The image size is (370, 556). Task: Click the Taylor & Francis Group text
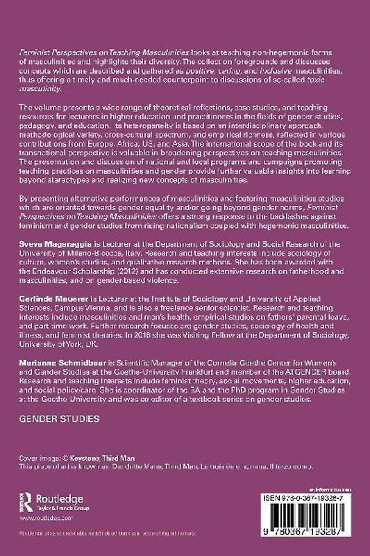pyautogui.click(x=68, y=508)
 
